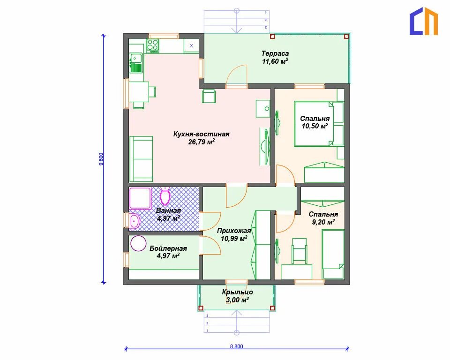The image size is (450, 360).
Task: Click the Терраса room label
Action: point(275,53)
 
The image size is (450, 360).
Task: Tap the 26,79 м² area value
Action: point(202,142)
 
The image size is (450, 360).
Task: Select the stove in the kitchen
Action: point(153,46)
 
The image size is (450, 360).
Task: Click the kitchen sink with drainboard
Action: point(136,63)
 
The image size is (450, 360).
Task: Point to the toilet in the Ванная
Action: point(165,196)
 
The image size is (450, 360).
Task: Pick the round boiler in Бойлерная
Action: point(138,243)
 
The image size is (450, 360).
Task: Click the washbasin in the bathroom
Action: point(134,221)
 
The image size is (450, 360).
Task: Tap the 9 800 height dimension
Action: point(101,159)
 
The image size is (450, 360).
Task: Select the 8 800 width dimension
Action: point(236,346)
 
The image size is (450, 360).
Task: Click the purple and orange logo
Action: point(423,22)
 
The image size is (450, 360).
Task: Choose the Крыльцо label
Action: point(237,292)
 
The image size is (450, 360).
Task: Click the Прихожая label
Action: point(234,231)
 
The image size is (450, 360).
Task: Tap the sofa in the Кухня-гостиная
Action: point(141,159)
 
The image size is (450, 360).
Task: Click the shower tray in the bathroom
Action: point(140,198)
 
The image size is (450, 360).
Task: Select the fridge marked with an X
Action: point(191,46)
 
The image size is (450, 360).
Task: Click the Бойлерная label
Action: point(168,248)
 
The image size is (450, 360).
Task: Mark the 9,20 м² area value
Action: point(323,222)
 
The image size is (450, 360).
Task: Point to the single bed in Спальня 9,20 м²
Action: point(333,254)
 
